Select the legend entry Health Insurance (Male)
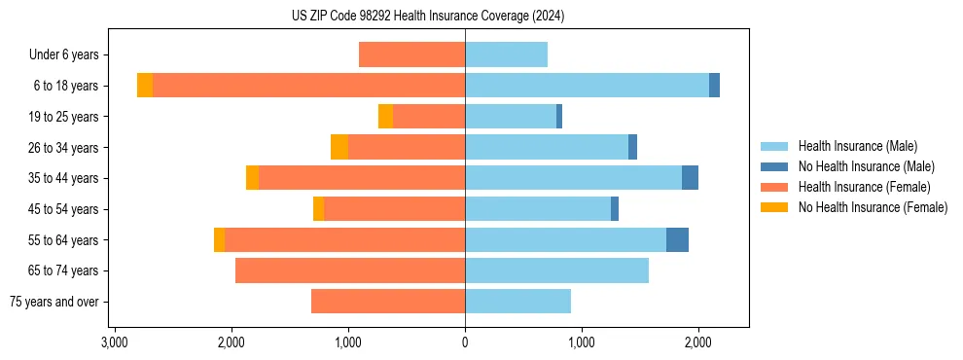coord(857,146)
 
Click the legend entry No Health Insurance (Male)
coord(866,166)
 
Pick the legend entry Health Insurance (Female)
coord(864,187)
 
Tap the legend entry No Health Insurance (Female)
coord(873,207)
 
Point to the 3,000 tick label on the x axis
coord(115,342)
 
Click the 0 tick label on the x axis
coord(465,342)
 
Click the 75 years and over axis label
coord(54,302)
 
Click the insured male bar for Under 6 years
coord(506,55)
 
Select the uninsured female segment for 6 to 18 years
coord(145,86)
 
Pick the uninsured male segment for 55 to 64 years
coord(677,240)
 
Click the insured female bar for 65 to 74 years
coord(350,270)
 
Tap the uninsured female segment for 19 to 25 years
coord(385,117)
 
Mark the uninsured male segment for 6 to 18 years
coord(714,86)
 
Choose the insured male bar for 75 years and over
coord(517,302)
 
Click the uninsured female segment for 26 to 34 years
coord(339,147)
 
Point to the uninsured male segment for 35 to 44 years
coord(690,178)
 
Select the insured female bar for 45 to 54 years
coord(394,209)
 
